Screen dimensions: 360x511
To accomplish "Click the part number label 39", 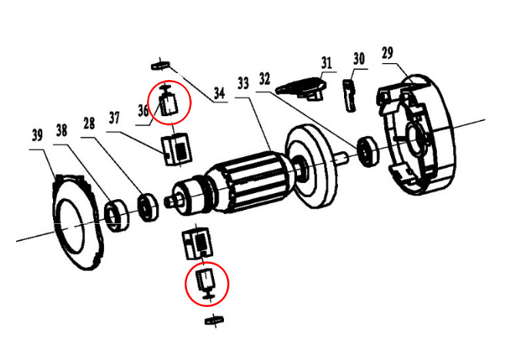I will click(35, 135).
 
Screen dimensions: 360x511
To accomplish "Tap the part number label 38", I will click(61, 131).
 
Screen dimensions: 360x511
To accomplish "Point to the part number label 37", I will click(114, 118).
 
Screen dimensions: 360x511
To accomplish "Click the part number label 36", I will click(143, 112).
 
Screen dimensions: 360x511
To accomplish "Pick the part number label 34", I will click(219, 94).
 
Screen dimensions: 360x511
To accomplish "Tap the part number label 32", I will click(265, 78).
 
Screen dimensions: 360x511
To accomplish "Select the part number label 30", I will click(359, 58).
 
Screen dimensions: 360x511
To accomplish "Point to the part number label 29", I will click(387, 52).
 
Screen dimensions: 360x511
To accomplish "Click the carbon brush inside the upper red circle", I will click(169, 102).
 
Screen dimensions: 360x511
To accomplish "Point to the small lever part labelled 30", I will click(350, 94).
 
